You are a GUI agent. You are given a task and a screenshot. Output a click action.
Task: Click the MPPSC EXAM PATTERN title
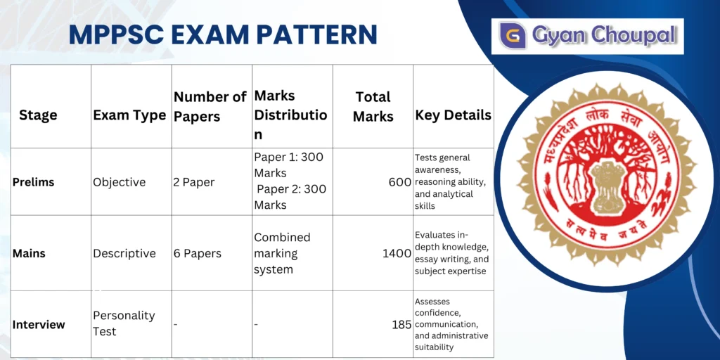(223, 34)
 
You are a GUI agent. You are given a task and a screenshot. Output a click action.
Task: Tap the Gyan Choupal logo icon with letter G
(513, 35)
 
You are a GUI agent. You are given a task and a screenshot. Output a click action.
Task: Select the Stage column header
(38, 115)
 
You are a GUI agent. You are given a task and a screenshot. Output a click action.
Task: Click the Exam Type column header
(129, 115)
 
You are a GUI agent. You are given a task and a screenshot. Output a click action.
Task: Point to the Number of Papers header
(210, 106)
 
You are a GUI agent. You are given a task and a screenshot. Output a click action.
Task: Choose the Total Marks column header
(373, 106)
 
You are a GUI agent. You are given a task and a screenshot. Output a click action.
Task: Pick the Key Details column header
(453, 115)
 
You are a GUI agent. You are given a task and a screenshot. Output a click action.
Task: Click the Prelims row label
(33, 182)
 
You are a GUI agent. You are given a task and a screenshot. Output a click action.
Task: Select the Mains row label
(30, 253)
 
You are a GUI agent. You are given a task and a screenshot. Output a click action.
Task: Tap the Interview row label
(39, 324)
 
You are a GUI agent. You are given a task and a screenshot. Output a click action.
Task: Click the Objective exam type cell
(120, 182)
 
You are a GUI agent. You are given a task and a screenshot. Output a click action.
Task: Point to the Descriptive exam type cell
(124, 253)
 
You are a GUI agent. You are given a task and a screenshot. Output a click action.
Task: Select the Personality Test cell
(124, 323)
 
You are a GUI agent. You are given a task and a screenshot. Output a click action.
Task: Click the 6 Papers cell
(198, 253)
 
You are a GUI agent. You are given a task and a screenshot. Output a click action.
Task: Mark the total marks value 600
(399, 182)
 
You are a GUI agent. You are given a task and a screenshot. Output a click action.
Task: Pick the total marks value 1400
(397, 253)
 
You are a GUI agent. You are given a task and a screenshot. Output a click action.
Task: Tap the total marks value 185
(401, 325)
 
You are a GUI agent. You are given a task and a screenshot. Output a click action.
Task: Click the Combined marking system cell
(282, 253)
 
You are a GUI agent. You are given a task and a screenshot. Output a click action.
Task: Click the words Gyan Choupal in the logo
(604, 35)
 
